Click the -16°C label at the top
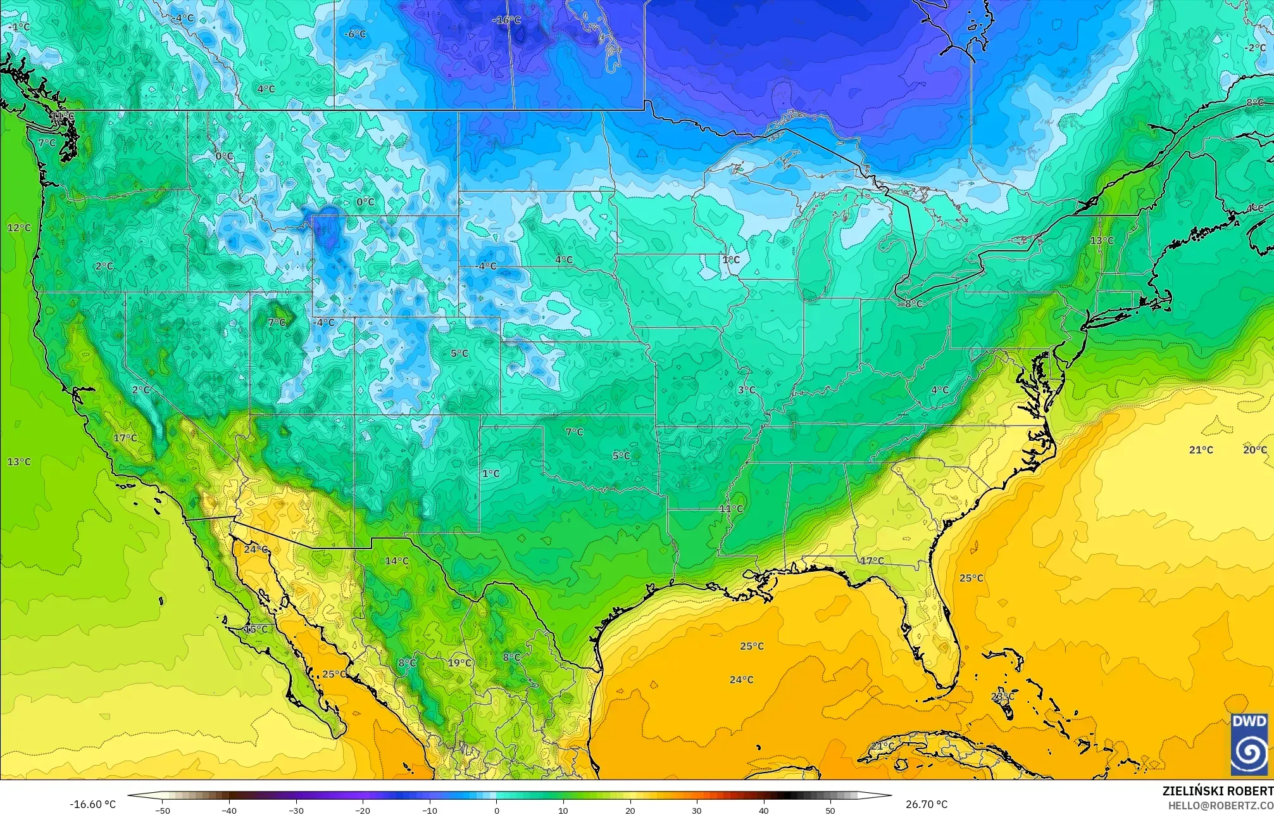tap(506, 20)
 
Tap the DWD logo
tap(1249, 743)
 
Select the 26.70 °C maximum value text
tap(926, 804)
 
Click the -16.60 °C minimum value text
tap(92, 804)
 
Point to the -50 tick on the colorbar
tap(163, 810)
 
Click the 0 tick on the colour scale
tap(496, 810)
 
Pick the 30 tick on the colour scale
tap(697, 810)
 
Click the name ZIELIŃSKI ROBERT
tap(1218, 791)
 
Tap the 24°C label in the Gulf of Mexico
tap(741, 679)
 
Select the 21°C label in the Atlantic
tap(1201, 450)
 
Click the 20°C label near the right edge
tap(1254, 450)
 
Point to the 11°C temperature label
tap(731, 509)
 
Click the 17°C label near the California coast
tap(125, 438)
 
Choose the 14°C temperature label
tap(397, 560)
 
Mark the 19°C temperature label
tap(459, 663)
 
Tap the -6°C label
tap(354, 34)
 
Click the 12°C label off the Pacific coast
tap(19, 227)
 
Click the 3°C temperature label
tap(746, 389)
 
